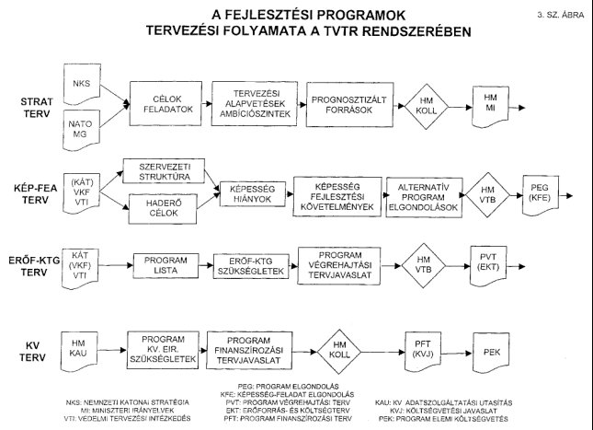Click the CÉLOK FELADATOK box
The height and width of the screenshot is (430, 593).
[x=165, y=102]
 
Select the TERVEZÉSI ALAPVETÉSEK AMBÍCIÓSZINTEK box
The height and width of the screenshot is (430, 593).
[x=251, y=102]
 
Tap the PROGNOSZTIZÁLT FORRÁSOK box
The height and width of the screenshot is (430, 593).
[x=346, y=102]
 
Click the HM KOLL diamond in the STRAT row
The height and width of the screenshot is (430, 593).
[x=425, y=102]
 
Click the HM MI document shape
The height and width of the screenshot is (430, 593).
[x=491, y=102]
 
